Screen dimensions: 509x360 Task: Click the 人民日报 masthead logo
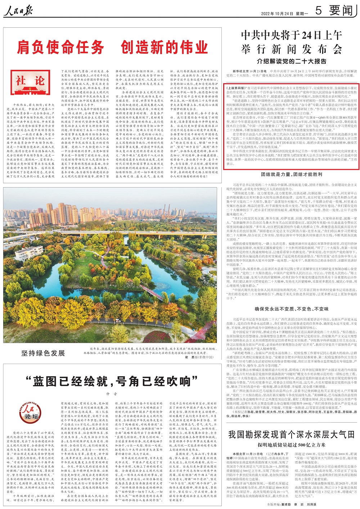17,11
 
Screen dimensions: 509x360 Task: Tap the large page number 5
318,10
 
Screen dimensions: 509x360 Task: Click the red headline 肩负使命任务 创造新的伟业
112,47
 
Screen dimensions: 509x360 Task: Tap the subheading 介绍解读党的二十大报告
292,61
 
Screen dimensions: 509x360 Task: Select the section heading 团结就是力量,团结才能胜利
292,174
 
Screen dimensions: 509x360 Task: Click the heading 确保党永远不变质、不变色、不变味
292,309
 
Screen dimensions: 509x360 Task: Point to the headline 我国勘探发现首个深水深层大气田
292,434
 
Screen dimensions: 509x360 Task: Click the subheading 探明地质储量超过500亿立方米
292,445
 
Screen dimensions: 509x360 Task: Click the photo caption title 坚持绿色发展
43,353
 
